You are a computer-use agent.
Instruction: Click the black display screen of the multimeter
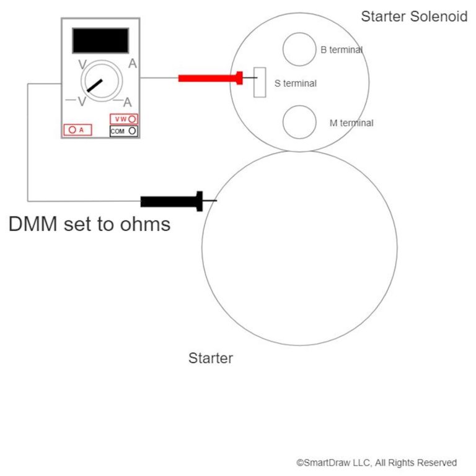click(x=100, y=40)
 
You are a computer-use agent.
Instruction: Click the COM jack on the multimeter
click(x=123, y=131)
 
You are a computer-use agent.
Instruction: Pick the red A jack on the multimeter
click(x=77, y=130)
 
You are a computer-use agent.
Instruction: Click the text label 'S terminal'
click(x=296, y=83)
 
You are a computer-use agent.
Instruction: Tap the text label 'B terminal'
click(x=342, y=50)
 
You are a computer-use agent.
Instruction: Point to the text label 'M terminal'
click(x=351, y=123)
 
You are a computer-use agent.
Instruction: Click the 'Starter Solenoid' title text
click(x=414, y=17)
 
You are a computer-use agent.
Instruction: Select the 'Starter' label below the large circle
click(x=211, y=358)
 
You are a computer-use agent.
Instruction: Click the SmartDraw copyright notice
click(x=376, y=462)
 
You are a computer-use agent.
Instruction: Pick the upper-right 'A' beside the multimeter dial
click(x=133, y=63)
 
